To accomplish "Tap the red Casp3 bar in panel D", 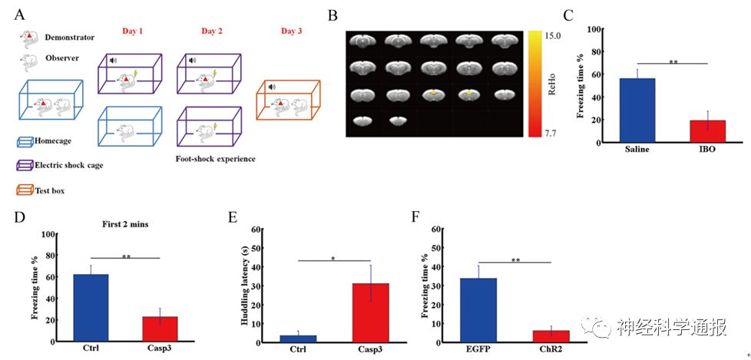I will pyautogui.click(x=160, y=328).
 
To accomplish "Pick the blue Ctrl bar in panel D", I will pyautogui.click(x=91, y=307).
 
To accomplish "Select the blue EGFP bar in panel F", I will pyautogui.click(x=478, y=309).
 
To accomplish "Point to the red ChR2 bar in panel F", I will pyautogui.click(x=551, y=335).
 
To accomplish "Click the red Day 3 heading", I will pyautogui.click(x=293, y=31).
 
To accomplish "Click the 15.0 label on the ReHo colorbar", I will pyautogui.click(x=552, y=35).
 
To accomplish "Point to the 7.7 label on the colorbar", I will pyautogui.click(x=552, y=133).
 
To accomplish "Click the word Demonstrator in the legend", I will pyautogui.click(x=70, y=36).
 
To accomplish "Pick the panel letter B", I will pyautogui.click(x=331, y=15).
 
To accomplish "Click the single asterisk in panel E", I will pyautogui.click(x=332, y=259).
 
